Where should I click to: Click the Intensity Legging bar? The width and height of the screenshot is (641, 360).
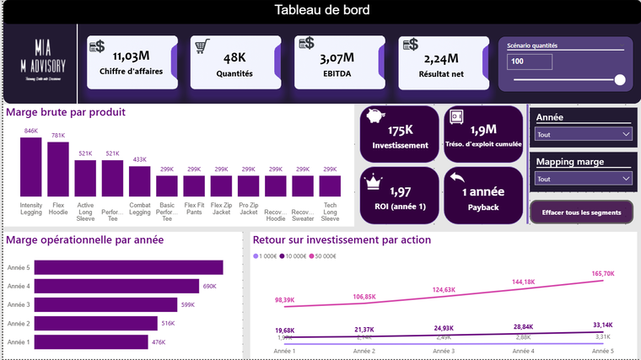click(31, 167)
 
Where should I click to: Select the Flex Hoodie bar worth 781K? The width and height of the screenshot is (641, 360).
click(58, 169)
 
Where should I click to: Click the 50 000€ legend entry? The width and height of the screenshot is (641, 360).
click(325, 255)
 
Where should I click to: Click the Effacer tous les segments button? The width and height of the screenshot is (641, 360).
click(581, 212)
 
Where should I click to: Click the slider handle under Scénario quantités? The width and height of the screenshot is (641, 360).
click(620, 80)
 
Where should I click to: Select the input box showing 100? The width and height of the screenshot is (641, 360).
click(529, 62)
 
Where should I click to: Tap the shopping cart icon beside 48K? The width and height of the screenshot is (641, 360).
click(202, 46)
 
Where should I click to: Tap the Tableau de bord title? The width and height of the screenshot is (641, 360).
click(321, 10)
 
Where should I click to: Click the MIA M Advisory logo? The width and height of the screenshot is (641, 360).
click(38, 59)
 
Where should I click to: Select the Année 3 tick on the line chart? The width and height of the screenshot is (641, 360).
click(443, 351)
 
